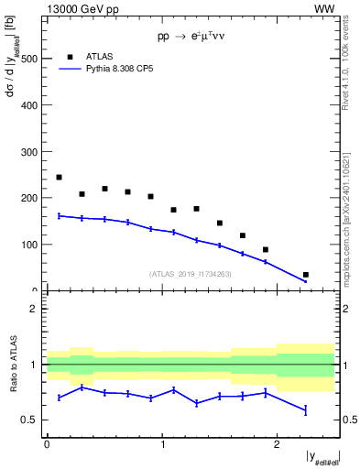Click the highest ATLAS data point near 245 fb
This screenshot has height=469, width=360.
click(x=59, y=177)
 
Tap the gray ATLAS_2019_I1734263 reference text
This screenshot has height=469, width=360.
click(x=191, y=273)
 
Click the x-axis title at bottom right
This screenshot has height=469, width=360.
click(x=322, y=455)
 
